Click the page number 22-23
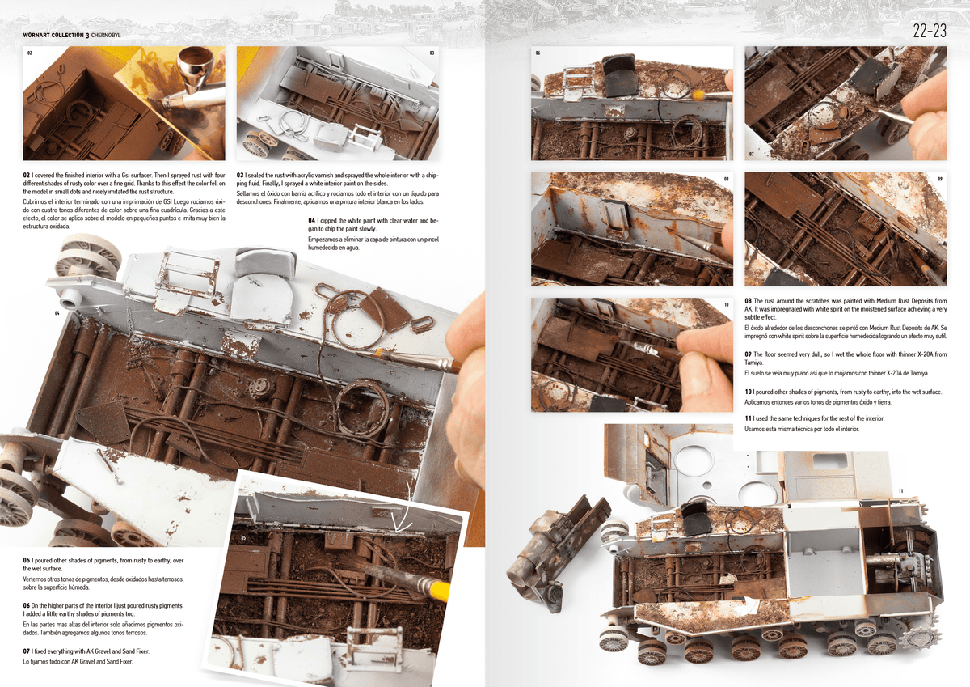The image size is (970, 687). [x=929, y=32]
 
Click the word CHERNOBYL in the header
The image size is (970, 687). [x=112, y=36]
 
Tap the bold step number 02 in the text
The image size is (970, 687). [x=27, y=175]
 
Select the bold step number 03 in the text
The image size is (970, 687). [x=240, y=175]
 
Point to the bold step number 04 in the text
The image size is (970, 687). [x=312, y=220]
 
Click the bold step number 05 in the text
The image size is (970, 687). [x=27, y=560]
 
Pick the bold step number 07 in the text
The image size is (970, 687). [x=27, y=651]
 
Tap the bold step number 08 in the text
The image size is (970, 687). [x=749, y=301]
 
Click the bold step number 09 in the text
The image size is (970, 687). [x=749, y=354]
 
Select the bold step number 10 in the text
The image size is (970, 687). [x=749, y=392]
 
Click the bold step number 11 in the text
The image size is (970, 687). [x=749, y=418]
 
